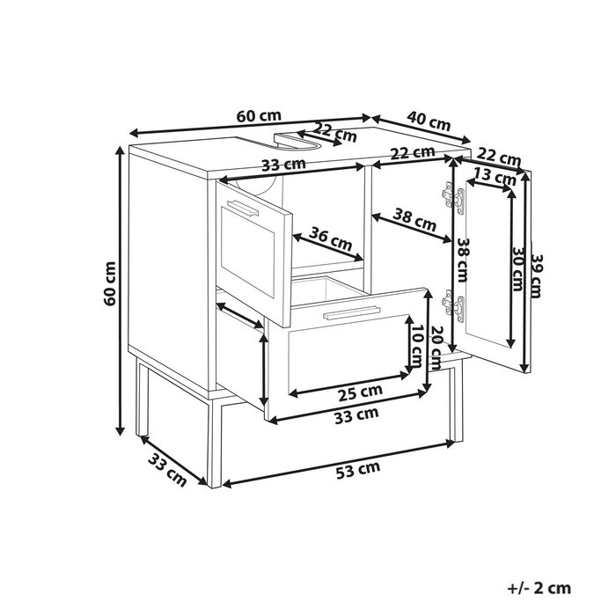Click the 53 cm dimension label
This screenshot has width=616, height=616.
358,470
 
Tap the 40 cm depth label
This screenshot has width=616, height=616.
429,121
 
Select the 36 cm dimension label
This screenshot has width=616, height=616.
330,238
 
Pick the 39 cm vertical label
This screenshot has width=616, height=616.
536,276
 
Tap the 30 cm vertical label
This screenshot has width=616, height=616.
518,269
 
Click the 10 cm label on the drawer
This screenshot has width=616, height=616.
416,345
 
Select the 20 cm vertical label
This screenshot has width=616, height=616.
436,348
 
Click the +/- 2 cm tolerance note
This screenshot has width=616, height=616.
539,588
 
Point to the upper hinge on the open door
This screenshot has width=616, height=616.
453,198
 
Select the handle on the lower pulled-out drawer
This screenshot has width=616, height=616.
351,312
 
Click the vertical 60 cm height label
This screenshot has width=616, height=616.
110,283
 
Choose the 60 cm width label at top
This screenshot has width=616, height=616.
259,116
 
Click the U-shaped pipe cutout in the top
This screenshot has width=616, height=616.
297,142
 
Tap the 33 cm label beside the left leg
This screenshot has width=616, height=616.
167,470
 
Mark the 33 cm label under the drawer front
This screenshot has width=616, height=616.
356,415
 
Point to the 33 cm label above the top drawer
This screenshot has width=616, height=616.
283,165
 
